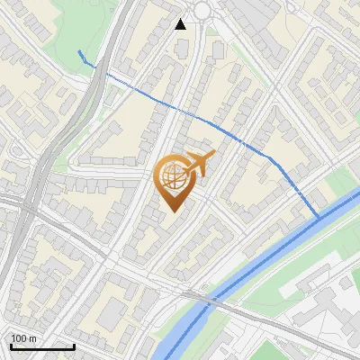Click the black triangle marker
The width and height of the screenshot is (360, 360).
181,23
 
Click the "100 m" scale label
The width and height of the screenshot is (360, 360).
24,338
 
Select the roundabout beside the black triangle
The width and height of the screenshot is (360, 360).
200,11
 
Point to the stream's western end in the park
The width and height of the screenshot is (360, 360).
80,51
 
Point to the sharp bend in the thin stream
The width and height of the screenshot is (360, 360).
270,157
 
